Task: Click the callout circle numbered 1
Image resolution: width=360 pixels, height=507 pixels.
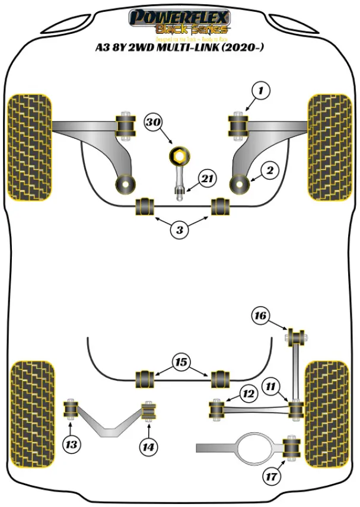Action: click(x=260, y=91)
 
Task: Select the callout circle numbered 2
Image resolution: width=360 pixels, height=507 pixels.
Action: click(x=270, y=171)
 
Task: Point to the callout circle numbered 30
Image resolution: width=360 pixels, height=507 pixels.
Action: click(x=154, y=123)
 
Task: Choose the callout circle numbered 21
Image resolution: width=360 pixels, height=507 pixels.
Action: click(x=208, y=178)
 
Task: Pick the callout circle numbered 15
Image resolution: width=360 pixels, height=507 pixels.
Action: click(x=181, y=361)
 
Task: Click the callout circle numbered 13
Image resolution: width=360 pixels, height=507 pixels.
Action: click(x=72, y=445)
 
